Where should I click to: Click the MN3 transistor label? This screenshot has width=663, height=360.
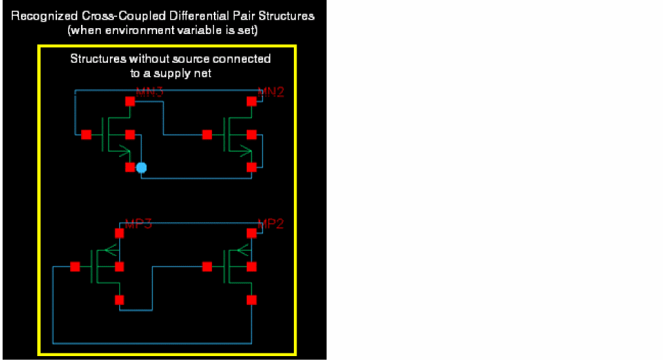click(149, 92)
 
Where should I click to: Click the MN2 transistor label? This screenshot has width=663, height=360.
click(271, 92)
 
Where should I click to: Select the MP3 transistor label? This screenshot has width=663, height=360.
click(138, 224)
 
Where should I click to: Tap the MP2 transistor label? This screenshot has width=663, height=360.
click(271, 224)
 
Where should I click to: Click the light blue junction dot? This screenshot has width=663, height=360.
click(141, 168)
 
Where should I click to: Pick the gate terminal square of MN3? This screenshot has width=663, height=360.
click(86, 135)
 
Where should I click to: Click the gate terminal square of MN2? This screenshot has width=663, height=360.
click(207, 135)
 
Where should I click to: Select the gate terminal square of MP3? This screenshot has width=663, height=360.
click(75, 266)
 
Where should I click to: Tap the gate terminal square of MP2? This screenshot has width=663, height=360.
click(207, 266)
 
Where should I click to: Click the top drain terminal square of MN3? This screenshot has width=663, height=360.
click(130, 101)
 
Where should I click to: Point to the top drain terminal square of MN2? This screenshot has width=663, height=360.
click(251, 101)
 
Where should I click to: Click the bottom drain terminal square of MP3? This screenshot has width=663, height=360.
click(119, 300)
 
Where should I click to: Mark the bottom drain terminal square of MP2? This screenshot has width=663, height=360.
click(251, 300)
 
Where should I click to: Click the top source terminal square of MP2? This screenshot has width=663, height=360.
click(251, 233)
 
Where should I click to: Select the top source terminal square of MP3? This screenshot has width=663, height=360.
click(119, 233)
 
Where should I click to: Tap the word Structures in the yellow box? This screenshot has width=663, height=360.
click(96, 59)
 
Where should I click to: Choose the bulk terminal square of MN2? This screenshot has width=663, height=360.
click(251, 135)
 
